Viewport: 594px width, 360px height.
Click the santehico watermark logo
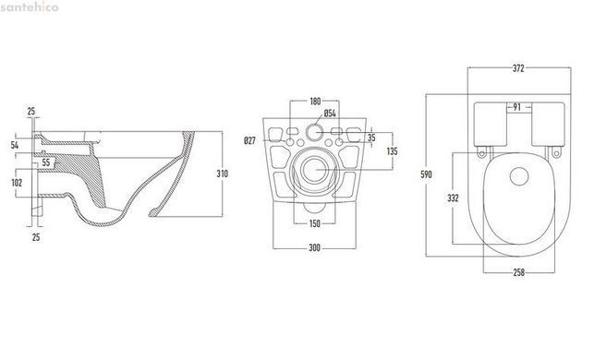click(x=30, y=6)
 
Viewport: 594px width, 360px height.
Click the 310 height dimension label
click(x=223, y=174)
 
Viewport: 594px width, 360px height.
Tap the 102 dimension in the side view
click(x=17, y=183)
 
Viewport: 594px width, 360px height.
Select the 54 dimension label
click(x=15, y=145)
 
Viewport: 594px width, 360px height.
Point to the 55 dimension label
click(x=46, y=162)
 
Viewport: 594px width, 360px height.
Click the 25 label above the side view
click(x=31, y=112)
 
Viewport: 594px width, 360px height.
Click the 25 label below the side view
click(x=36, y=237)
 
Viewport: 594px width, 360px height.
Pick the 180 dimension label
click(x=315, y=102)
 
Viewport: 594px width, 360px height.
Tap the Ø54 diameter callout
click(x=330, y=114)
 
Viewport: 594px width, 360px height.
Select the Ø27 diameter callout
click(x=250, y=141)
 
